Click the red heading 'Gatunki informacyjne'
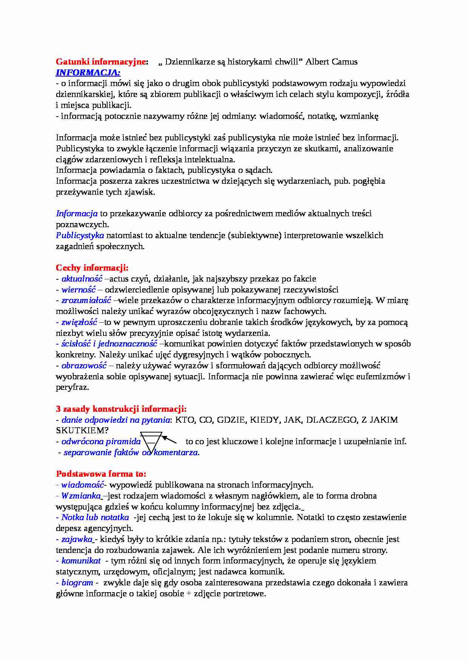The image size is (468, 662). (x=100, y=62)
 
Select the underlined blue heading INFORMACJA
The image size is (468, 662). (x=88, y=72)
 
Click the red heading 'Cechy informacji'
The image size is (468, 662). (x=92, y=268)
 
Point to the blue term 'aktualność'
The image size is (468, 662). (x=82, y=279)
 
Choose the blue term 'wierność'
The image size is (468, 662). (x=79, y=290)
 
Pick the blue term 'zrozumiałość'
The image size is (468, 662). (x=86, y=300)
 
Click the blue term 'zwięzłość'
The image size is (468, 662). (x=79, y=322)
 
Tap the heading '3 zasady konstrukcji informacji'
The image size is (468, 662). (x=121, y=409)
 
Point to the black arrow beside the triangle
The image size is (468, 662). (x=169, y=439)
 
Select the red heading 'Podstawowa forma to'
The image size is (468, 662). (x=101, y=474)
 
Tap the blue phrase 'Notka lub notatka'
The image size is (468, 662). (x=95, y=517)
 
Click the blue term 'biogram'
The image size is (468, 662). (x=77, y=583)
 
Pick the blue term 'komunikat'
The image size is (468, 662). (x=81, y=561)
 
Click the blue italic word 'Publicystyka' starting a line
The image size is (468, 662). (x=80, y=236)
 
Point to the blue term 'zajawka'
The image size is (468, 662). (x=77, y=539)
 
